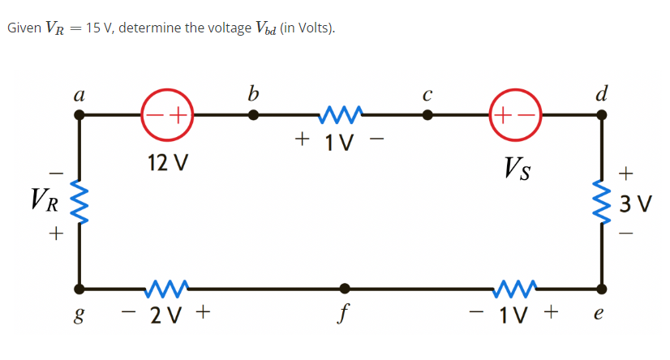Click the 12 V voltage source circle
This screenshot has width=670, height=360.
click(x=167, y=115)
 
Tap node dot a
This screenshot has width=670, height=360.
click(x=79, y=115)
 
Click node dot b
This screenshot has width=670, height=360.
click(x=254, y=115)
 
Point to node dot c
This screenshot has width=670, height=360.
click(x=427, y=115)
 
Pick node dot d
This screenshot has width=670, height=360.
click(x=601, y=115)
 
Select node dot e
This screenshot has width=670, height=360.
click(x=601, y=288)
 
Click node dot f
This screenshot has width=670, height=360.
click(x=346, y=288)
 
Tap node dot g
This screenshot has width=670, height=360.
click(x=79, y=288)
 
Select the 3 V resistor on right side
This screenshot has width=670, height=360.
click(x=602, y=200)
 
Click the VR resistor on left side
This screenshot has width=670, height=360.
click(x=79, y=200)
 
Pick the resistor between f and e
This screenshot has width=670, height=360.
click(x=515, y=285)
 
